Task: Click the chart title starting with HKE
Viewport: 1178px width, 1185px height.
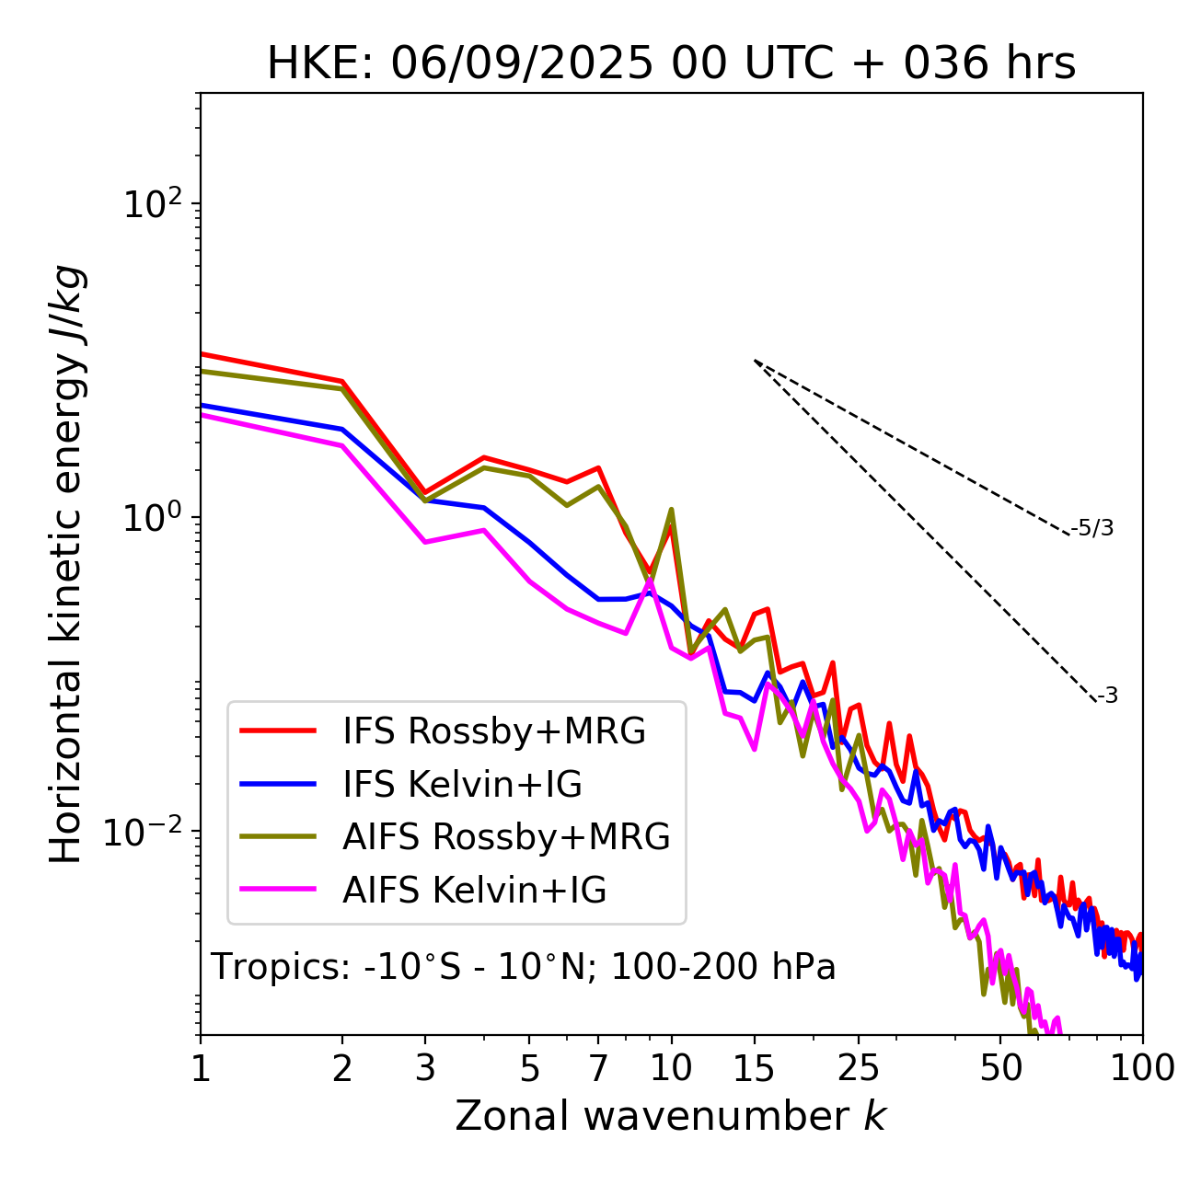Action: tap(671, 64)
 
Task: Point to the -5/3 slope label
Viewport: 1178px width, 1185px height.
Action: tap(1092, 528)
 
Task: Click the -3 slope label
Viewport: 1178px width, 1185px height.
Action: tap(1107, 696)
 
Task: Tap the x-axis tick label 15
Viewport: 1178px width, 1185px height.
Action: tap(754, 1068)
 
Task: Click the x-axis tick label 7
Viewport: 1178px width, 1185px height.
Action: tap(598, 1068)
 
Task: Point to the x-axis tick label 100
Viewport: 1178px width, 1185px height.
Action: tap(1142, 1068)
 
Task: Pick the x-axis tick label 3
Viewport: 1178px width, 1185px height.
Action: tap(425, 1068)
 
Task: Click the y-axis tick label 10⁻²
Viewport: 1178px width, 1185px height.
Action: tap(147, 832)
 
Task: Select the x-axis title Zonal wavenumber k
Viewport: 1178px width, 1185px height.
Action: tap(671, 1116)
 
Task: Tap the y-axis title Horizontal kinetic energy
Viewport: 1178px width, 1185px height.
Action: tap(66, 565)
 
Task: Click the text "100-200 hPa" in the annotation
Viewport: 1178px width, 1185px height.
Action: tap(723, 967)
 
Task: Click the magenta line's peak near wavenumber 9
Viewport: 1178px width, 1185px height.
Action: tap(650, 580)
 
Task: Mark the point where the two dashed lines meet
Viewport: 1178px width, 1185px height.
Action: tap(755, 361)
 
